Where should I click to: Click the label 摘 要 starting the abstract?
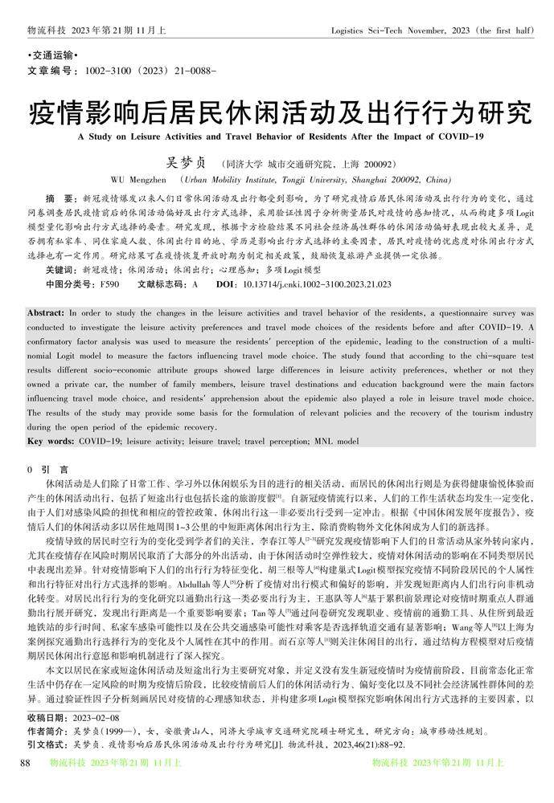pos(58,198)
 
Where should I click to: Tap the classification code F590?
pos(108,284)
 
